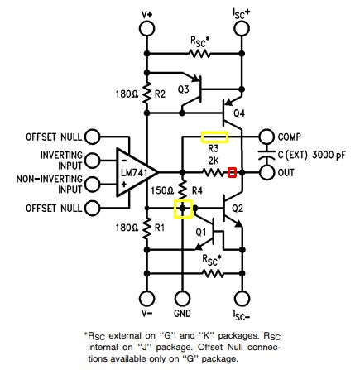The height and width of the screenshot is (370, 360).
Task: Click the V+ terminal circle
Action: click(146, 28)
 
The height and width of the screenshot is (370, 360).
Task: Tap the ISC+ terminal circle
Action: click(242, 28)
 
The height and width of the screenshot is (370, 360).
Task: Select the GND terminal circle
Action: click(182, 299)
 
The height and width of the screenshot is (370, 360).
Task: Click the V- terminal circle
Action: click(146, 299)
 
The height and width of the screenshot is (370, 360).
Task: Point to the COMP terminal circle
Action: click(266, 137)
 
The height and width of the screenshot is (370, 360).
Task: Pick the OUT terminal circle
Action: click(266, 173)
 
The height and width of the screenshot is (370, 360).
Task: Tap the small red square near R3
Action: click(233, 173)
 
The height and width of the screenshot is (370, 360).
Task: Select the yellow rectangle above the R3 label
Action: click(214, 137)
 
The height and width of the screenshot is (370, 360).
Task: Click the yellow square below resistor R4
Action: click(183, 209)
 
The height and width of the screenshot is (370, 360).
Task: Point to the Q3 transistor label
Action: click(184, 89)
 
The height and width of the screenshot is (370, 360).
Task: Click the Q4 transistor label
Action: click(239, 113)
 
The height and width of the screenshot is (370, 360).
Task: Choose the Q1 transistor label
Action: click(201, 233)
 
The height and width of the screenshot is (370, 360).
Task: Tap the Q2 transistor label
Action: click(238, 209)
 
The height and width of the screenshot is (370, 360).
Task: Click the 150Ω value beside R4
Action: click(162, 190)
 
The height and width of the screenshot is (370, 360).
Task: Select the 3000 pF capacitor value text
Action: click(329, 155)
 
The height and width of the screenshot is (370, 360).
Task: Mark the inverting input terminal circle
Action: click(93, 161)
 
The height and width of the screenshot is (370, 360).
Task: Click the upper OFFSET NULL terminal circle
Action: click(93, 137)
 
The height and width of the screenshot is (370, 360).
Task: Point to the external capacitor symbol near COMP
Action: click(266, 155)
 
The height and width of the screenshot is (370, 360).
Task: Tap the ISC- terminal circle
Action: click(242, 299)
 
